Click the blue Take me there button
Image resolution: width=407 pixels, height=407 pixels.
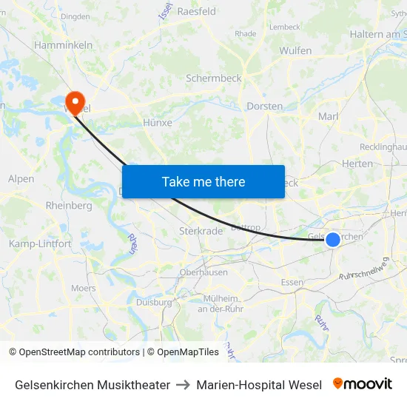pos(203,181)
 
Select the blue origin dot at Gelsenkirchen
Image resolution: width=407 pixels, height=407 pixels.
pos(333,239)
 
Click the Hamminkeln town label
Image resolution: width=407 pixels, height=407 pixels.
pos(63,45)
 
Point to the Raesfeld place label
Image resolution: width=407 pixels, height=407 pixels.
pos(196,11)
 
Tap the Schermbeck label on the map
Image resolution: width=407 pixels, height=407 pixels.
pos(213,78)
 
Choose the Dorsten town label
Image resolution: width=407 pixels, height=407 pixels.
pos(264,106)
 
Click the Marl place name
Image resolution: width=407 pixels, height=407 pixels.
pos(328,116)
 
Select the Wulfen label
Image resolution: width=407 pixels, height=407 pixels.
pos(295,50)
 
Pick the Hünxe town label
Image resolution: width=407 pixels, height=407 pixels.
pos(157,123)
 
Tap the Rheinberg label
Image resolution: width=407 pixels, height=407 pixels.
pos(69,206)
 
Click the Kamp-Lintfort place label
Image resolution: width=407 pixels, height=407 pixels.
pos(40,243)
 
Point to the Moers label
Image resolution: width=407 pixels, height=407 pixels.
pos(83,288)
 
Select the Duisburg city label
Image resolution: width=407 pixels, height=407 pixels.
pos(154,302)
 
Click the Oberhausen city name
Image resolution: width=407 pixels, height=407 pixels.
pos(203,272)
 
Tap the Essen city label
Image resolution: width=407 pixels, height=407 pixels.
pos(292,282)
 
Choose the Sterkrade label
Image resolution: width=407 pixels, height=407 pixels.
pos(201,231)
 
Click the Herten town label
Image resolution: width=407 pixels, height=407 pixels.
pos(357,164)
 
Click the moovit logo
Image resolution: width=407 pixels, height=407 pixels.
pos(363,384)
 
